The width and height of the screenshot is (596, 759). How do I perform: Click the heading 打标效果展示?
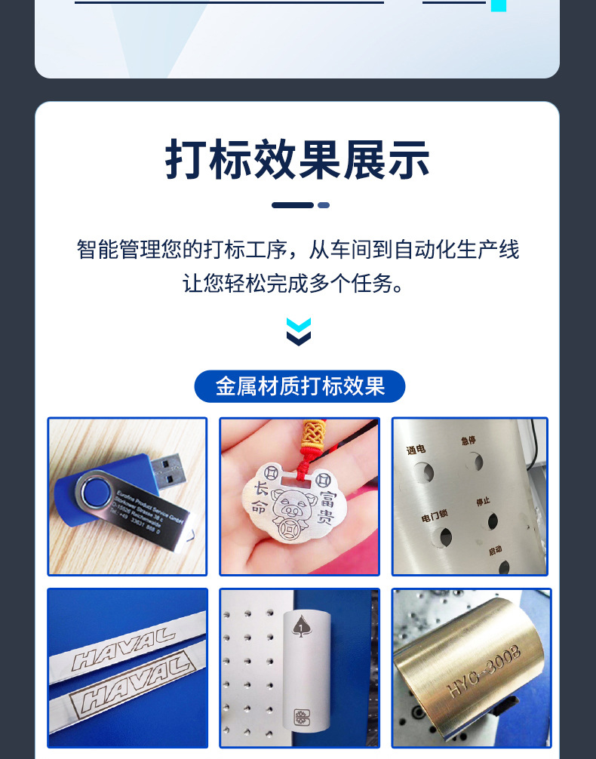click(x=297, y=159)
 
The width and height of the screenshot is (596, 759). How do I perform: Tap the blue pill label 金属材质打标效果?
click(x=300, y=386)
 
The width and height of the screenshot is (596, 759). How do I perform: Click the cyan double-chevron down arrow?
click(x=299, y=332)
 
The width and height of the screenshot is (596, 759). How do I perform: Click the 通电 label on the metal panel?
click(x=416, y=450)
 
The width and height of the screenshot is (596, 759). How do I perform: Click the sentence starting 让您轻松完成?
click(x=298, y=284)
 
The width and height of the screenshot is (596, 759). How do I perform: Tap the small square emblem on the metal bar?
click(x=301, y=715)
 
